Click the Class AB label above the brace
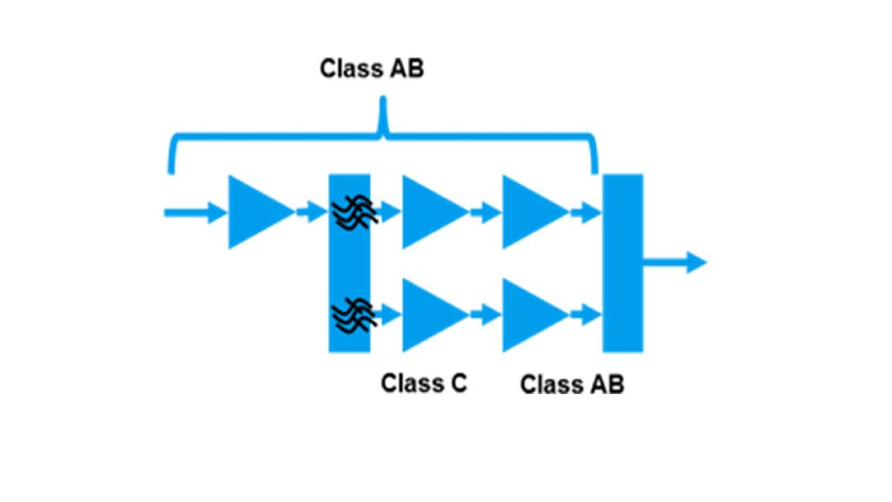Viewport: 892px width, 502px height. (x=372, y=69)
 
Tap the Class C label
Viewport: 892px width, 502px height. (x=424, y=383)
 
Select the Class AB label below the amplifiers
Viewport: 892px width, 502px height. (x=572, y=384)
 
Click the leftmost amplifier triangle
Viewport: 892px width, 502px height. (x=255, y=212)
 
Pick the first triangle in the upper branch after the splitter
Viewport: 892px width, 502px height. (x=429, y=212)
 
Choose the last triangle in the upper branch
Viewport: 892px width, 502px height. (x=530, y=212)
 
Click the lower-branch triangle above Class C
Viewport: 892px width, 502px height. (x=429, y=315)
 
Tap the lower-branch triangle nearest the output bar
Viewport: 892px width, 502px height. (x=530, y=315)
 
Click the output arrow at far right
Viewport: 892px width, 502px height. (x=675, y=261)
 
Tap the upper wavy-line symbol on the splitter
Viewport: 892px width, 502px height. (x=353, y=210)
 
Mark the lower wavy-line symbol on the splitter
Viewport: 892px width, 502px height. (x=353, y=312)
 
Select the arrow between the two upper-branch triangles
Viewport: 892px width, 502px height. (x=485, y=212)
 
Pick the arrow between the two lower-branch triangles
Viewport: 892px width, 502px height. (x=485, y=315)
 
